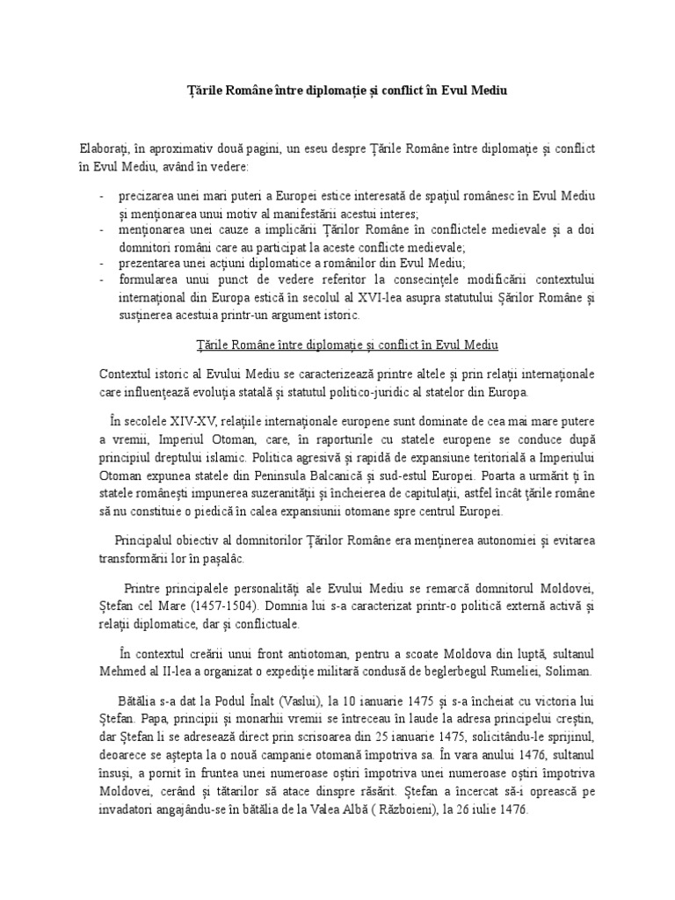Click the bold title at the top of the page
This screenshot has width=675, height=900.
point(337,90)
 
